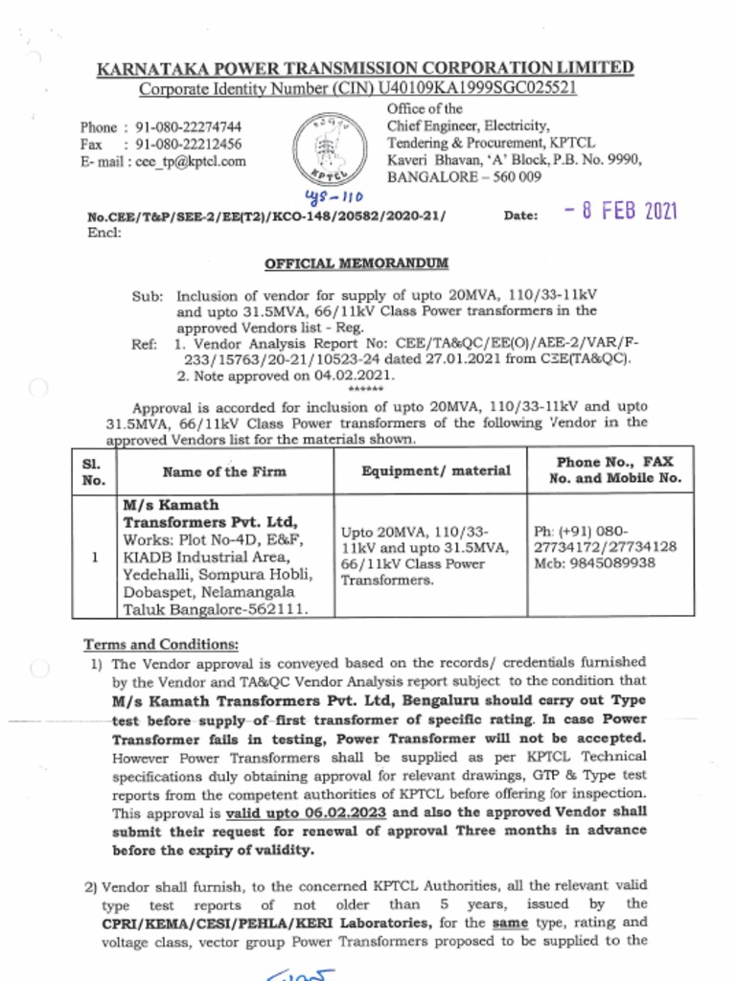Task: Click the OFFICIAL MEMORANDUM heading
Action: pos(356,263)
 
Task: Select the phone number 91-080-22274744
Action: pos(188,127)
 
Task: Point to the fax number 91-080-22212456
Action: pos(188,145)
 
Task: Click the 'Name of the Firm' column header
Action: pos(224,471)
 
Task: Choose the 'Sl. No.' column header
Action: pos(93,471)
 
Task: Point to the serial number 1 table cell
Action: pos(93,556)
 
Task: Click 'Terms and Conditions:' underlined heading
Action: pos(161,644)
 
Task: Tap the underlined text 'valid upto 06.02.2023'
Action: pos(298,812)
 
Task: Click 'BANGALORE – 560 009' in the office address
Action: pos(464,177)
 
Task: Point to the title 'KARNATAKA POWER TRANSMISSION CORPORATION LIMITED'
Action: pos(365,68)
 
